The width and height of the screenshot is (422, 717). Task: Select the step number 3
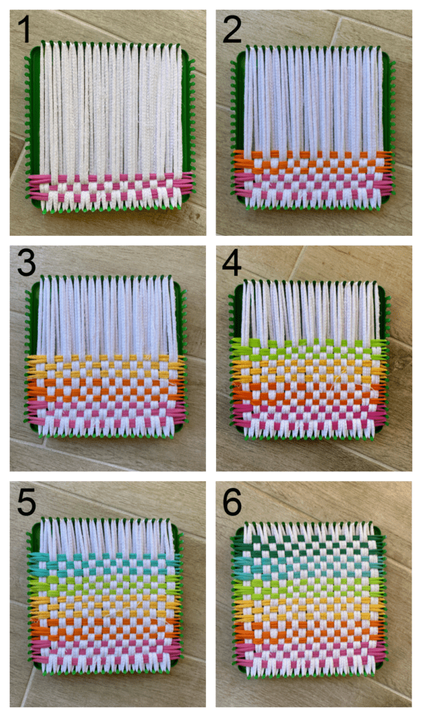26,263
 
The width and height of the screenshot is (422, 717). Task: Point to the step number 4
231,263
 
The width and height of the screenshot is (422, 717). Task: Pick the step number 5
26,503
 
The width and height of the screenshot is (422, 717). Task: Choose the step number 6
232,503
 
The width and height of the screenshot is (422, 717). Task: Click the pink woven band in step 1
110,188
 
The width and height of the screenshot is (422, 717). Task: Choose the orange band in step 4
311,392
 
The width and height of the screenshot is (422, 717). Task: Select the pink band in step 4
311,415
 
